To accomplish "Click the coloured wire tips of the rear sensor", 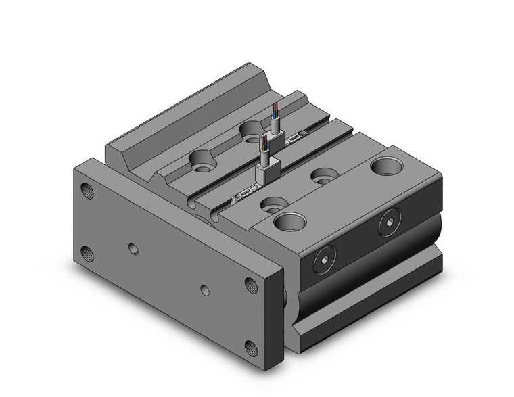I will point(275,109).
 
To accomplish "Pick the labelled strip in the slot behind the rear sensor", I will point(296,141).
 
